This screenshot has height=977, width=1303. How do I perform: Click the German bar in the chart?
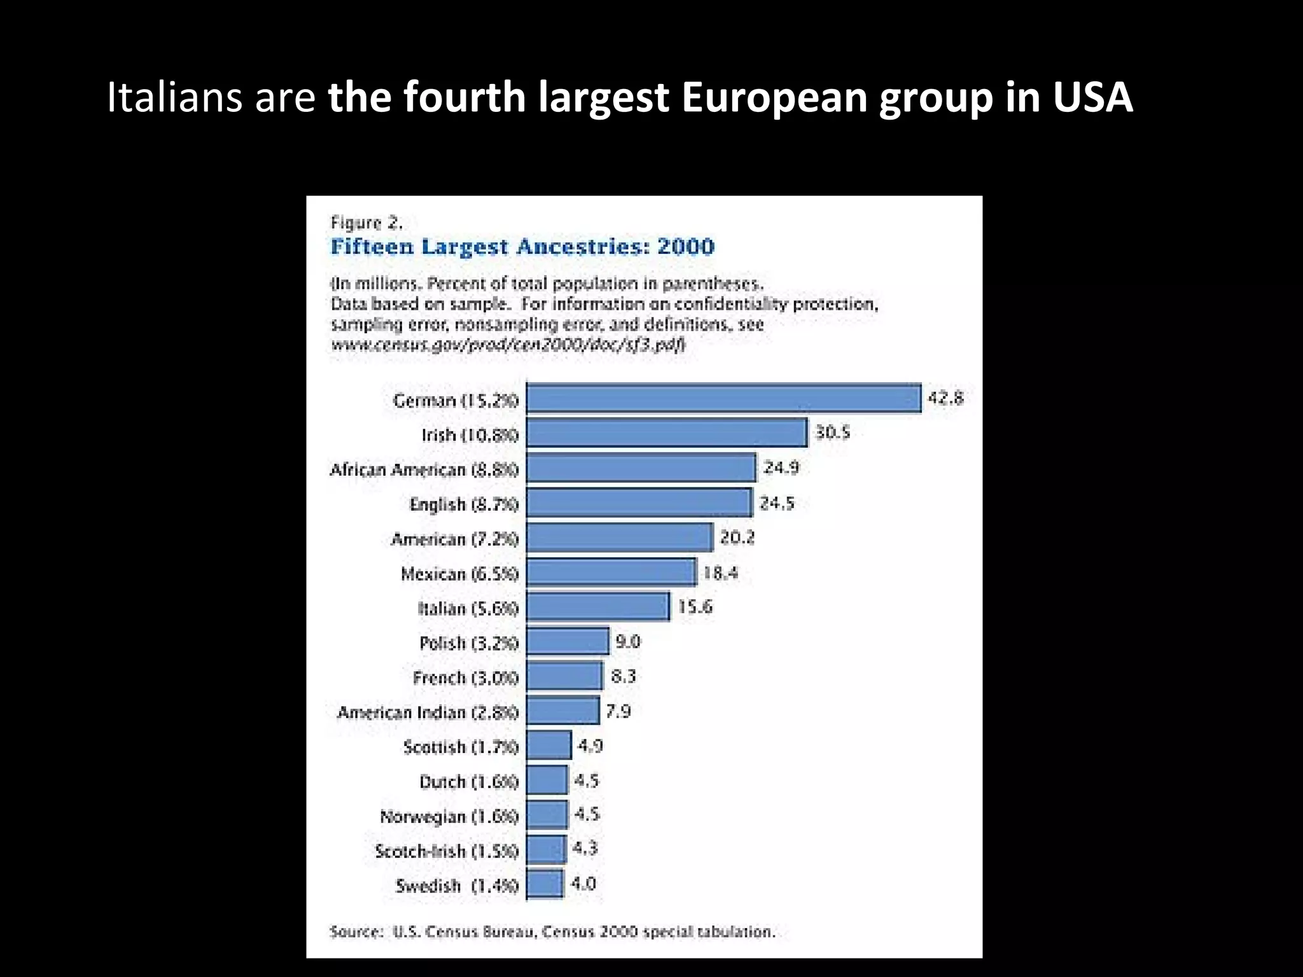[724, 399]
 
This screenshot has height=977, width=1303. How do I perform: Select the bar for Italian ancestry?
[598, 607]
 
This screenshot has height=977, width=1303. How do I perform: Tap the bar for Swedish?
[545, 884]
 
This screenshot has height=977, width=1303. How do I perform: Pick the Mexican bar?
[611, 572]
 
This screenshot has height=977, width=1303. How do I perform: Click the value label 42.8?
[946, 399]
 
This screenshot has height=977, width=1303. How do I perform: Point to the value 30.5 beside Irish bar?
[833, 433]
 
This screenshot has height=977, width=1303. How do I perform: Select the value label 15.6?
[695, 607]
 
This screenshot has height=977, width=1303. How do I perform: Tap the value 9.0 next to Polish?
[628, 642]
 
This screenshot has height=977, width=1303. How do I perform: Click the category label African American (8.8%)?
[424, 470]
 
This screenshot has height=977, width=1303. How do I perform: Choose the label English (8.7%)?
[464, 504]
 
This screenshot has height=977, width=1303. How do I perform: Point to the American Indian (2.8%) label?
[428, 712]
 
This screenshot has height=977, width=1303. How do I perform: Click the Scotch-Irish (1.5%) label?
[447, 851]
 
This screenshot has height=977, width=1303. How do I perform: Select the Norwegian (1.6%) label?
[449, 816]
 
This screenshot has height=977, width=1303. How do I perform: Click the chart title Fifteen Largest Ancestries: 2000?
[522, 247]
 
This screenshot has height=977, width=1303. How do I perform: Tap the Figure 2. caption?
[366, 223]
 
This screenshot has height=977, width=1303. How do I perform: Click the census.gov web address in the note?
[508, 345]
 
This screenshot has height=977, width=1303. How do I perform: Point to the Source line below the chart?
[552, 932]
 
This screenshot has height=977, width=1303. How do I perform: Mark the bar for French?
[564, 676]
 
